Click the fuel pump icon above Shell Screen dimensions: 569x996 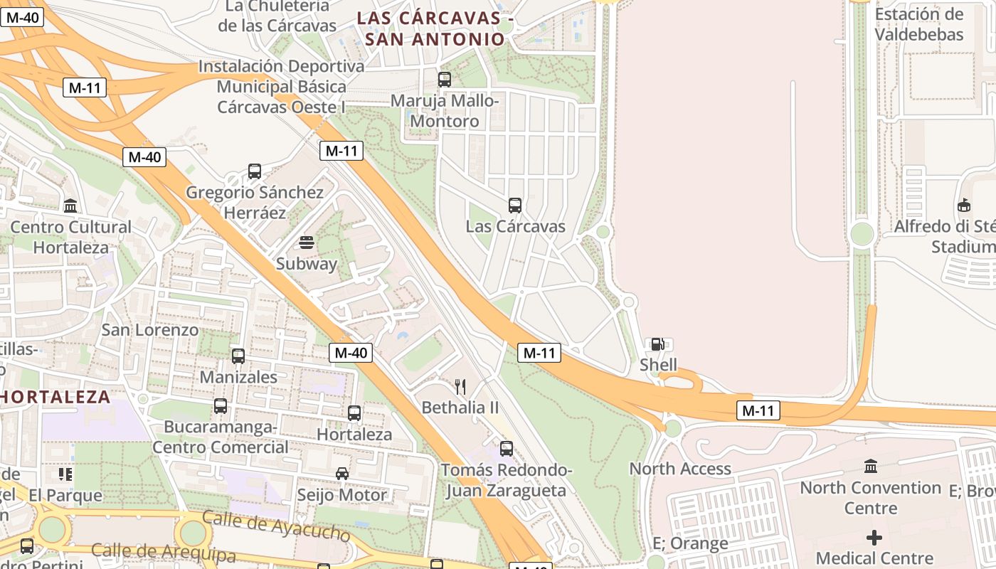tap(657, 344)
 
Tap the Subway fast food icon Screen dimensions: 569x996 tap(307, 243)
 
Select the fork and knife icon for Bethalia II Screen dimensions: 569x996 tap(460, 387)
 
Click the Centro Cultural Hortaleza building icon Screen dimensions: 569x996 tap(70, 206)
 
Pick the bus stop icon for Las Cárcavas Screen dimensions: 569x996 tap(515, 206)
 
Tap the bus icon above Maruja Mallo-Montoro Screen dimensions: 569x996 tap(445, 80)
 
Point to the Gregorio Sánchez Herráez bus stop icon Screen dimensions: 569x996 tap(255, 171)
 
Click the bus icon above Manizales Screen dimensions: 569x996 tap(238, 356)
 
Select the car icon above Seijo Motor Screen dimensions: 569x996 tap(342, 474)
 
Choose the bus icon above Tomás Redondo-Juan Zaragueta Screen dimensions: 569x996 tap(507, 449)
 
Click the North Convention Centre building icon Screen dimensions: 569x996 tap(871, 467)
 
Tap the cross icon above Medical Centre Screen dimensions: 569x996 tap(874, 538)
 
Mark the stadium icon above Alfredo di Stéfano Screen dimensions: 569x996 tap(964, 206)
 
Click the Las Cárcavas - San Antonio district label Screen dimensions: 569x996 tap(435, 28)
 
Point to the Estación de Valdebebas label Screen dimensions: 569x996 tap(919, 24)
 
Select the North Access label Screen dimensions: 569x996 tap(680, 469)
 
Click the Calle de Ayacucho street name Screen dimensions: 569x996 tap(276, 526)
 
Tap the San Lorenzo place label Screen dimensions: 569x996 tap(150, 330)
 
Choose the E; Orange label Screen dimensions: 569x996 tap(690, 543)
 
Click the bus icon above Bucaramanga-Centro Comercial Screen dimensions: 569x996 tap(221, 406)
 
